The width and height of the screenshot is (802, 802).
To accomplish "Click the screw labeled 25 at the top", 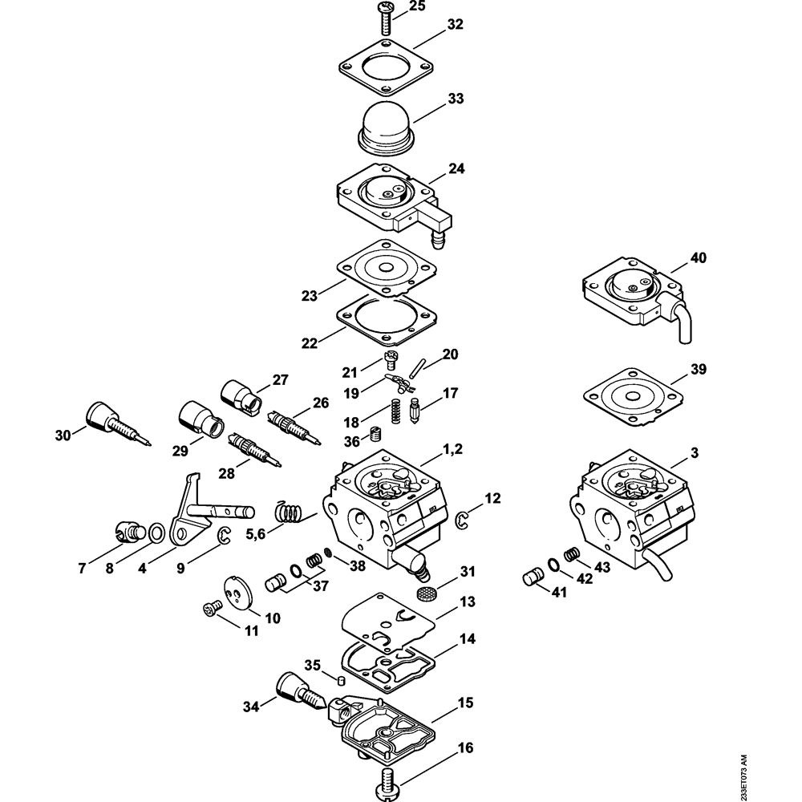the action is coord(387,20).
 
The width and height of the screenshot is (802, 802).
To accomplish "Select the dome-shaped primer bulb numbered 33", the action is coord(385,127).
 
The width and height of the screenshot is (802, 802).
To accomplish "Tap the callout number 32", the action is coord(454,24).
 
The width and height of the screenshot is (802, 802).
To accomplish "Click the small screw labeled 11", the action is coord(212,609).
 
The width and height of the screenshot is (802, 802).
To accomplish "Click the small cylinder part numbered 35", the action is coord(340,680).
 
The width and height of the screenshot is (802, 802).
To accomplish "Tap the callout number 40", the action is coord(699,257).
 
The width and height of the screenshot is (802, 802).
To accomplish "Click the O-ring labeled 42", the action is coord(553,564).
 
